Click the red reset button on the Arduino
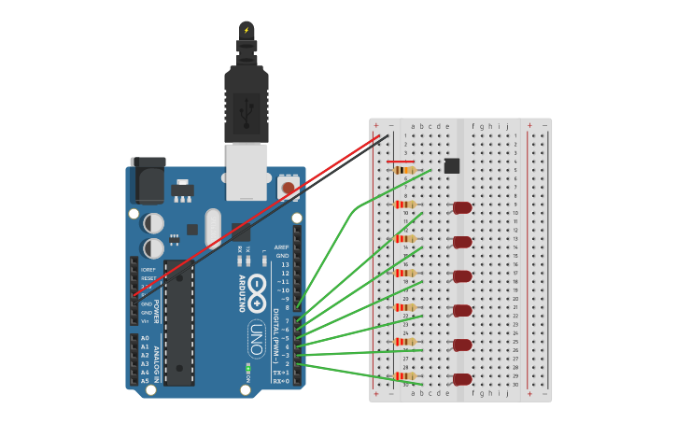[x=288, y=189]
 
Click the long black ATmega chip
[x=179, y=322]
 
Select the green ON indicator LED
[x=248, y=369]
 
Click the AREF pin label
[x=282, y=247]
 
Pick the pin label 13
[x=285, y=264]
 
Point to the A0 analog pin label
[x=145, y=338]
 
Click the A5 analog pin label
[x=145, y=381]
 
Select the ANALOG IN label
[x=157, y=360]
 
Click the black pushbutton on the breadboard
[x=452, y=165]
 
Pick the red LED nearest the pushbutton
[x=462, y=207]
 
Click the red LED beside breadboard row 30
[x=462, y=379]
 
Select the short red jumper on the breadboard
[x=401, y=162]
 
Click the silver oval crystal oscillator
[x=213, y=227]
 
